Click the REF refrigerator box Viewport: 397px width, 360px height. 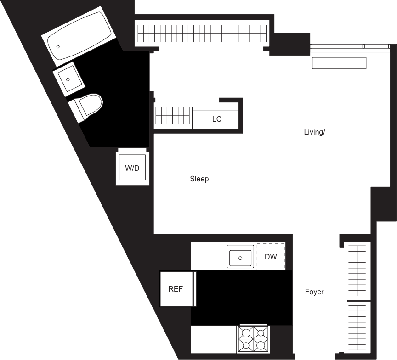176,289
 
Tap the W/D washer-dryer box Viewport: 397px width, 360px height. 132,168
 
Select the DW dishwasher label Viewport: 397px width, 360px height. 271,257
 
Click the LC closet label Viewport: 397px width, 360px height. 217,119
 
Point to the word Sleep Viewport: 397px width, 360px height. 199,179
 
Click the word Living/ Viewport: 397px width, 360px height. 315,132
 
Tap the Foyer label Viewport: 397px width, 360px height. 314,292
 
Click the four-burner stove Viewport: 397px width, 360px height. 253,339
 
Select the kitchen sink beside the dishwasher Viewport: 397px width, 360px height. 240,257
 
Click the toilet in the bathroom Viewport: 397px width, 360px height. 85,107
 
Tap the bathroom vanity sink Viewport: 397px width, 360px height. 69,79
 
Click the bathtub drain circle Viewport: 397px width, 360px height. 58,46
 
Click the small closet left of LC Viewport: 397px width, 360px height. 172,115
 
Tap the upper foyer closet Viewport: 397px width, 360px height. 358,270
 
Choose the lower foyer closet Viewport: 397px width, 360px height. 358,326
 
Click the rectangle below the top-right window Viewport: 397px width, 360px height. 339,63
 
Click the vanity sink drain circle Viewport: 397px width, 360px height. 68,79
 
